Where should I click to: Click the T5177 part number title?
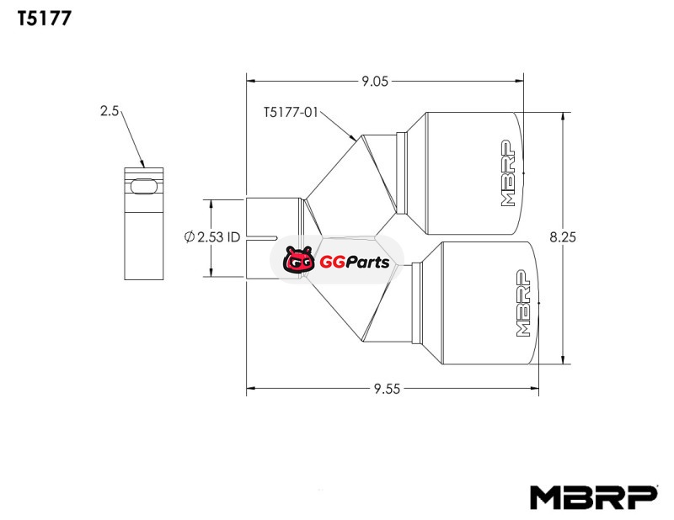[45, 19]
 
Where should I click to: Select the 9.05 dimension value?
[375, 81]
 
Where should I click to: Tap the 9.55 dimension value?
[387, 389]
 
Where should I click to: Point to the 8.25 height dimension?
[563, 237]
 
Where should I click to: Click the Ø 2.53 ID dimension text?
[212, 236]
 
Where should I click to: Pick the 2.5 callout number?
[110, 111]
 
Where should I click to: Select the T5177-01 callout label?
[291, 113]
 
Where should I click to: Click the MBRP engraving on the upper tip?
[508, 172]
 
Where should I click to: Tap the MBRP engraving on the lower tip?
[522, 303]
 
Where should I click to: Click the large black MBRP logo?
[594, 497]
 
